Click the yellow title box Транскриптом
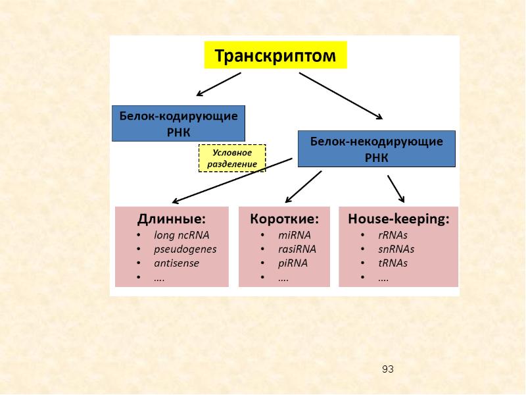[275, 55]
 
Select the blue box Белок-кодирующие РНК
[178, 123]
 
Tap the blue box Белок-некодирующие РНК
[375, 149]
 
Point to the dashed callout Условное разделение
[232, 158]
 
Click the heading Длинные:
[171, 219]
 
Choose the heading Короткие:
[284, 219]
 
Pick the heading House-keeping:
[398, 219]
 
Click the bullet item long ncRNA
[181, 234]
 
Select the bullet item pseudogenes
[185, 249]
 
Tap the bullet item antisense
[176, 263]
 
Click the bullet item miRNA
[294, 234]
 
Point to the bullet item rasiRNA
[297, 249]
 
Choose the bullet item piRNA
[293, 263]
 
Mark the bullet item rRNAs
[393, 234]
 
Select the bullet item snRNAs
[396, 249]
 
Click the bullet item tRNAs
[393, 263]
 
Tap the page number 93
[387, 369]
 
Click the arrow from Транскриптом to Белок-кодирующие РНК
[219, 84]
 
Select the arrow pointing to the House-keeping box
[395, 188]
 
